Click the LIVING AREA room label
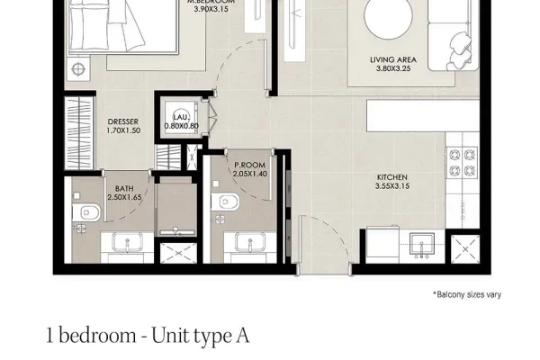click(x=393, y=59)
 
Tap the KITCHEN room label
click(x=392, y=177)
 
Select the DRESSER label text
click(x=123, y=121)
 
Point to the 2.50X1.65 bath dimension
click(x=124, y=197)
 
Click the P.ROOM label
click(x=249, y=165)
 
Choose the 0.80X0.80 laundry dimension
click(x=181, y=126)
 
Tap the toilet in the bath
click(x=86, y=212)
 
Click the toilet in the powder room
click(x=225, y=202)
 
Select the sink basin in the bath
click(x=127, y=242)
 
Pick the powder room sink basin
click(x=250, y=241)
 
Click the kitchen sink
click(x=422, y=244)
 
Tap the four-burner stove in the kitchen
click(x=462, y=162)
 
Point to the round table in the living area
click(x=389, y=16)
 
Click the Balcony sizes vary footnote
click(x=467, y=294)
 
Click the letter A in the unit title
click(x=243, y=336)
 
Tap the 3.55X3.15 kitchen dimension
click(x=392, y=186)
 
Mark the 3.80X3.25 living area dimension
click(x=393, y=68)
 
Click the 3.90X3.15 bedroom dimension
click(x=211, y=9)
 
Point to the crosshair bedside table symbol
click(x=78, y=69)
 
